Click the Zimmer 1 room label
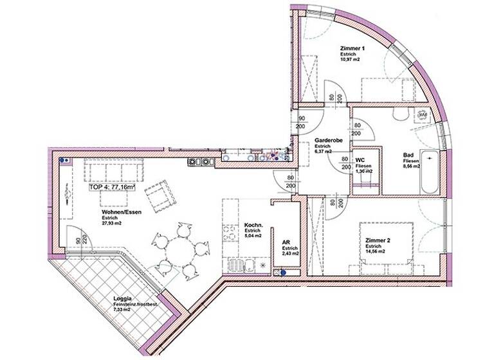(x=352, y=48)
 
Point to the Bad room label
(x=408, y=154)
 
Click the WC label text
(x=361, y=160)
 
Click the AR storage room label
(x=287, y=243)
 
